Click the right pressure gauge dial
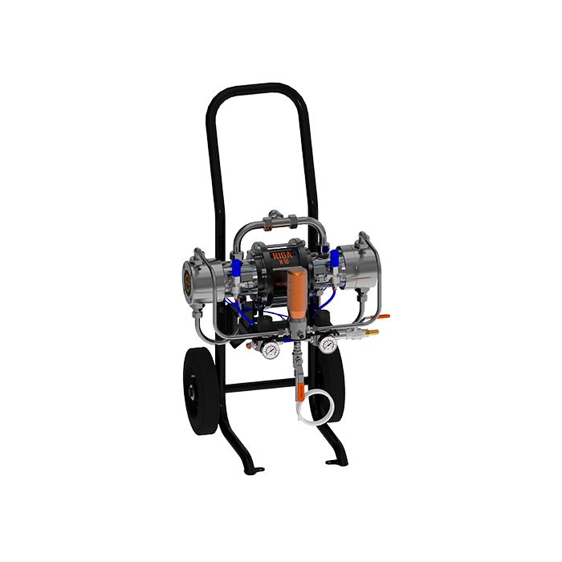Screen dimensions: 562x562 point(327,345)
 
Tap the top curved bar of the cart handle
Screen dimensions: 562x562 point(258,88)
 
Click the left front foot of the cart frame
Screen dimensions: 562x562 point(256,469)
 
